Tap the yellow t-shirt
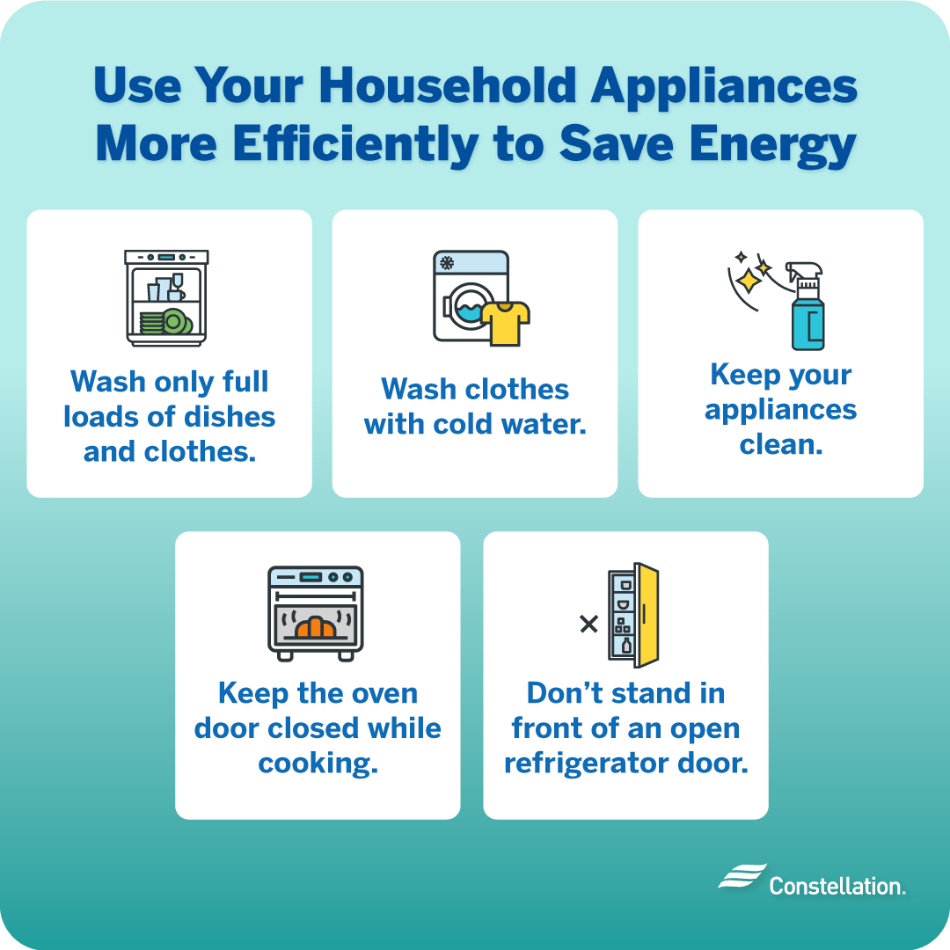click(x=506, y=323)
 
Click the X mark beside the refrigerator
click(x=588, y=625)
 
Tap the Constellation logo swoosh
click(x=741, y=877)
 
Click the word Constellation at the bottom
click(x=837, y=885)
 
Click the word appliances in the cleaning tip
click(x=780, y=410)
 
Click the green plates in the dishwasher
click(x=165, y=322)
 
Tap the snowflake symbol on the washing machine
click(x=447, y=263)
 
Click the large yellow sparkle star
click(x=749, y=281)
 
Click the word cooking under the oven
click(x=318, y=763)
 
